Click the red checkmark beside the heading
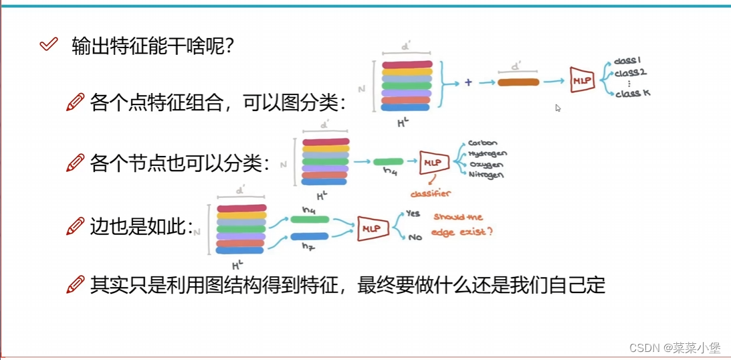coord(48,45)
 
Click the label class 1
coord(628,62)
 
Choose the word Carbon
coord(482,143)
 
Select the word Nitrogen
coord(486,175)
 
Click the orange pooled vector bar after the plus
coord(518,82)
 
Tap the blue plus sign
coord(468,82)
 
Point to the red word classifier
coord(431,193)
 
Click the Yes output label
coord(413,214)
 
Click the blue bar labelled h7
coord(309,236)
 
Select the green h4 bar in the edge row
coord(309,219)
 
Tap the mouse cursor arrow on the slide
coord(558,108)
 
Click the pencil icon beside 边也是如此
coord(76,227)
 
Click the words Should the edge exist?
coord(464,225)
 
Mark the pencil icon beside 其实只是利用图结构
coord(76,285)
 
